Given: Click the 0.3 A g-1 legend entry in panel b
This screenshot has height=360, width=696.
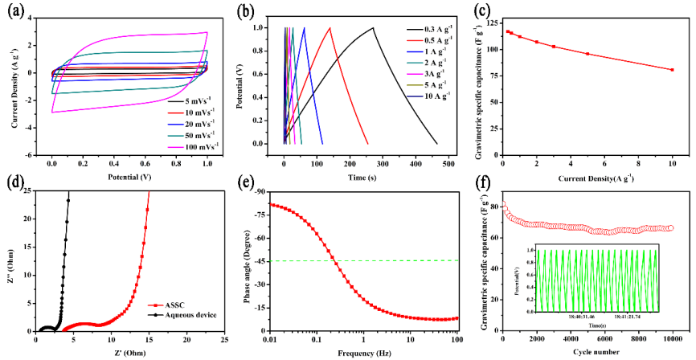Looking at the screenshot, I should pyautogui.click(x=424, y=31).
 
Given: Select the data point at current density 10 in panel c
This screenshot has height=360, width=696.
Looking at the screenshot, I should pyautogui.click(x=672, y=70).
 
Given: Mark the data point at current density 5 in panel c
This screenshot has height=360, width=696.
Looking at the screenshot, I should pyautogui.click(x=588, y=54).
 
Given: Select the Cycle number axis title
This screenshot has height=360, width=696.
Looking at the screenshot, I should pyautogui.click(x=588, y=352).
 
